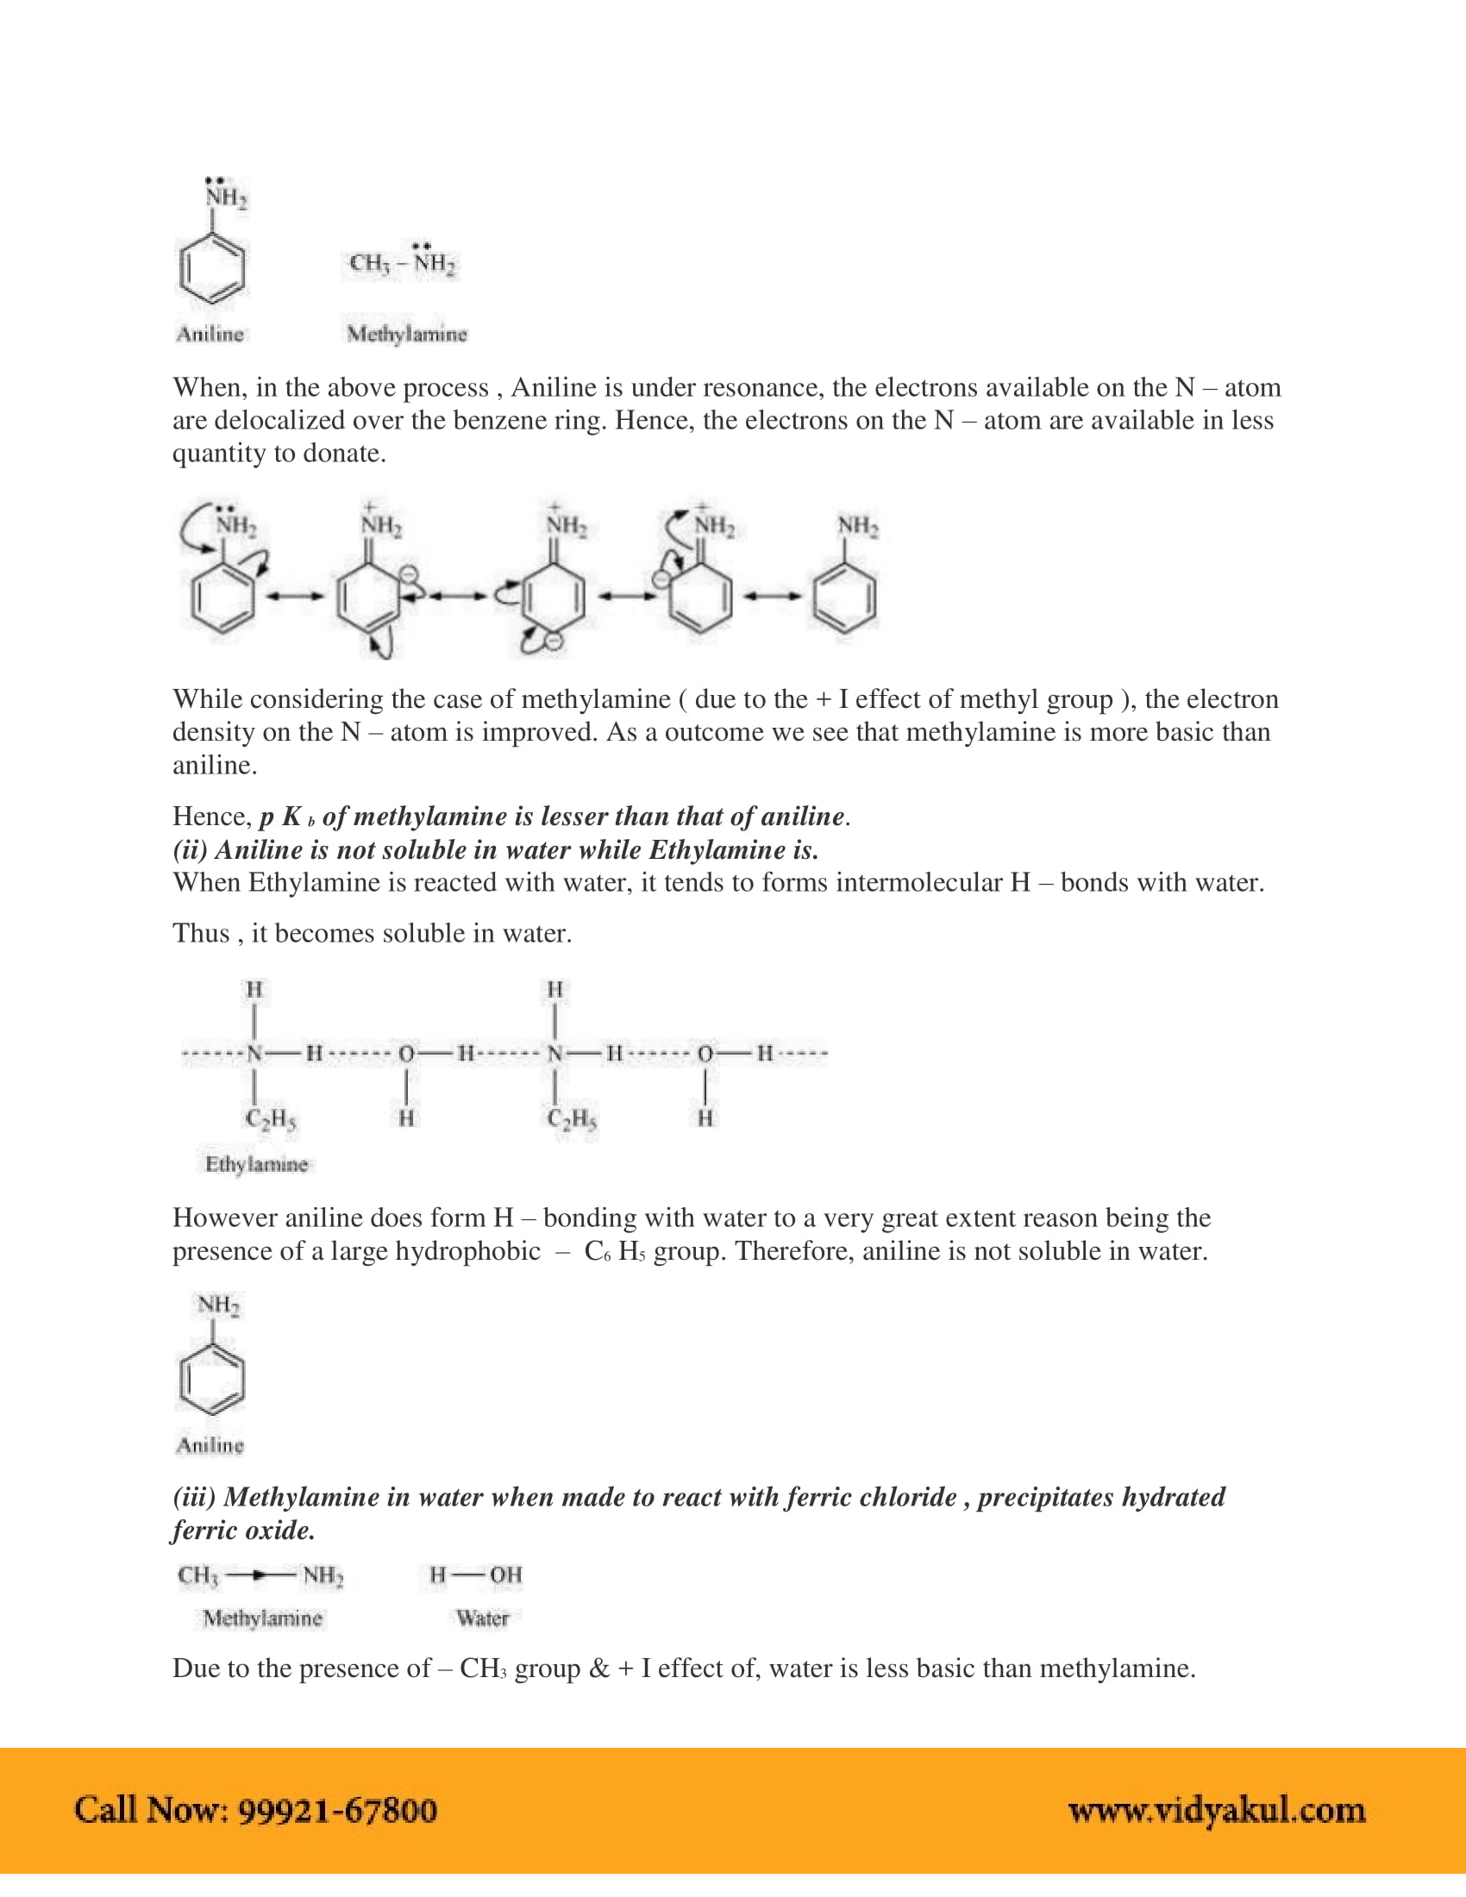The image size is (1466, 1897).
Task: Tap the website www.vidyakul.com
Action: tap(1216, 1810)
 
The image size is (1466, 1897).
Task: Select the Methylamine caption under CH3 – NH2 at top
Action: tap(406, 334)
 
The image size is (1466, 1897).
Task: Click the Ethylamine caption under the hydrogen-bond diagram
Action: tap(256, 1164)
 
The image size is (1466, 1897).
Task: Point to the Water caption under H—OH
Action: tap(482, 1618)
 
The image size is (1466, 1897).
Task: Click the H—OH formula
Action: tap(476, 1575)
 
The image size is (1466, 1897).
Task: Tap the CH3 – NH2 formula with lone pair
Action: tap(402, 261)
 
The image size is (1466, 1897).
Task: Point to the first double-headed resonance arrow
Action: tap(295, 596)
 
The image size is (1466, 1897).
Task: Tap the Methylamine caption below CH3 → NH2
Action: tap(262, 1618)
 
